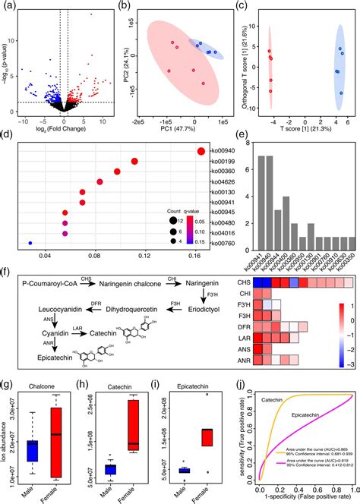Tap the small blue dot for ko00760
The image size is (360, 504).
pyautogui.click(x=30, y=243)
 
